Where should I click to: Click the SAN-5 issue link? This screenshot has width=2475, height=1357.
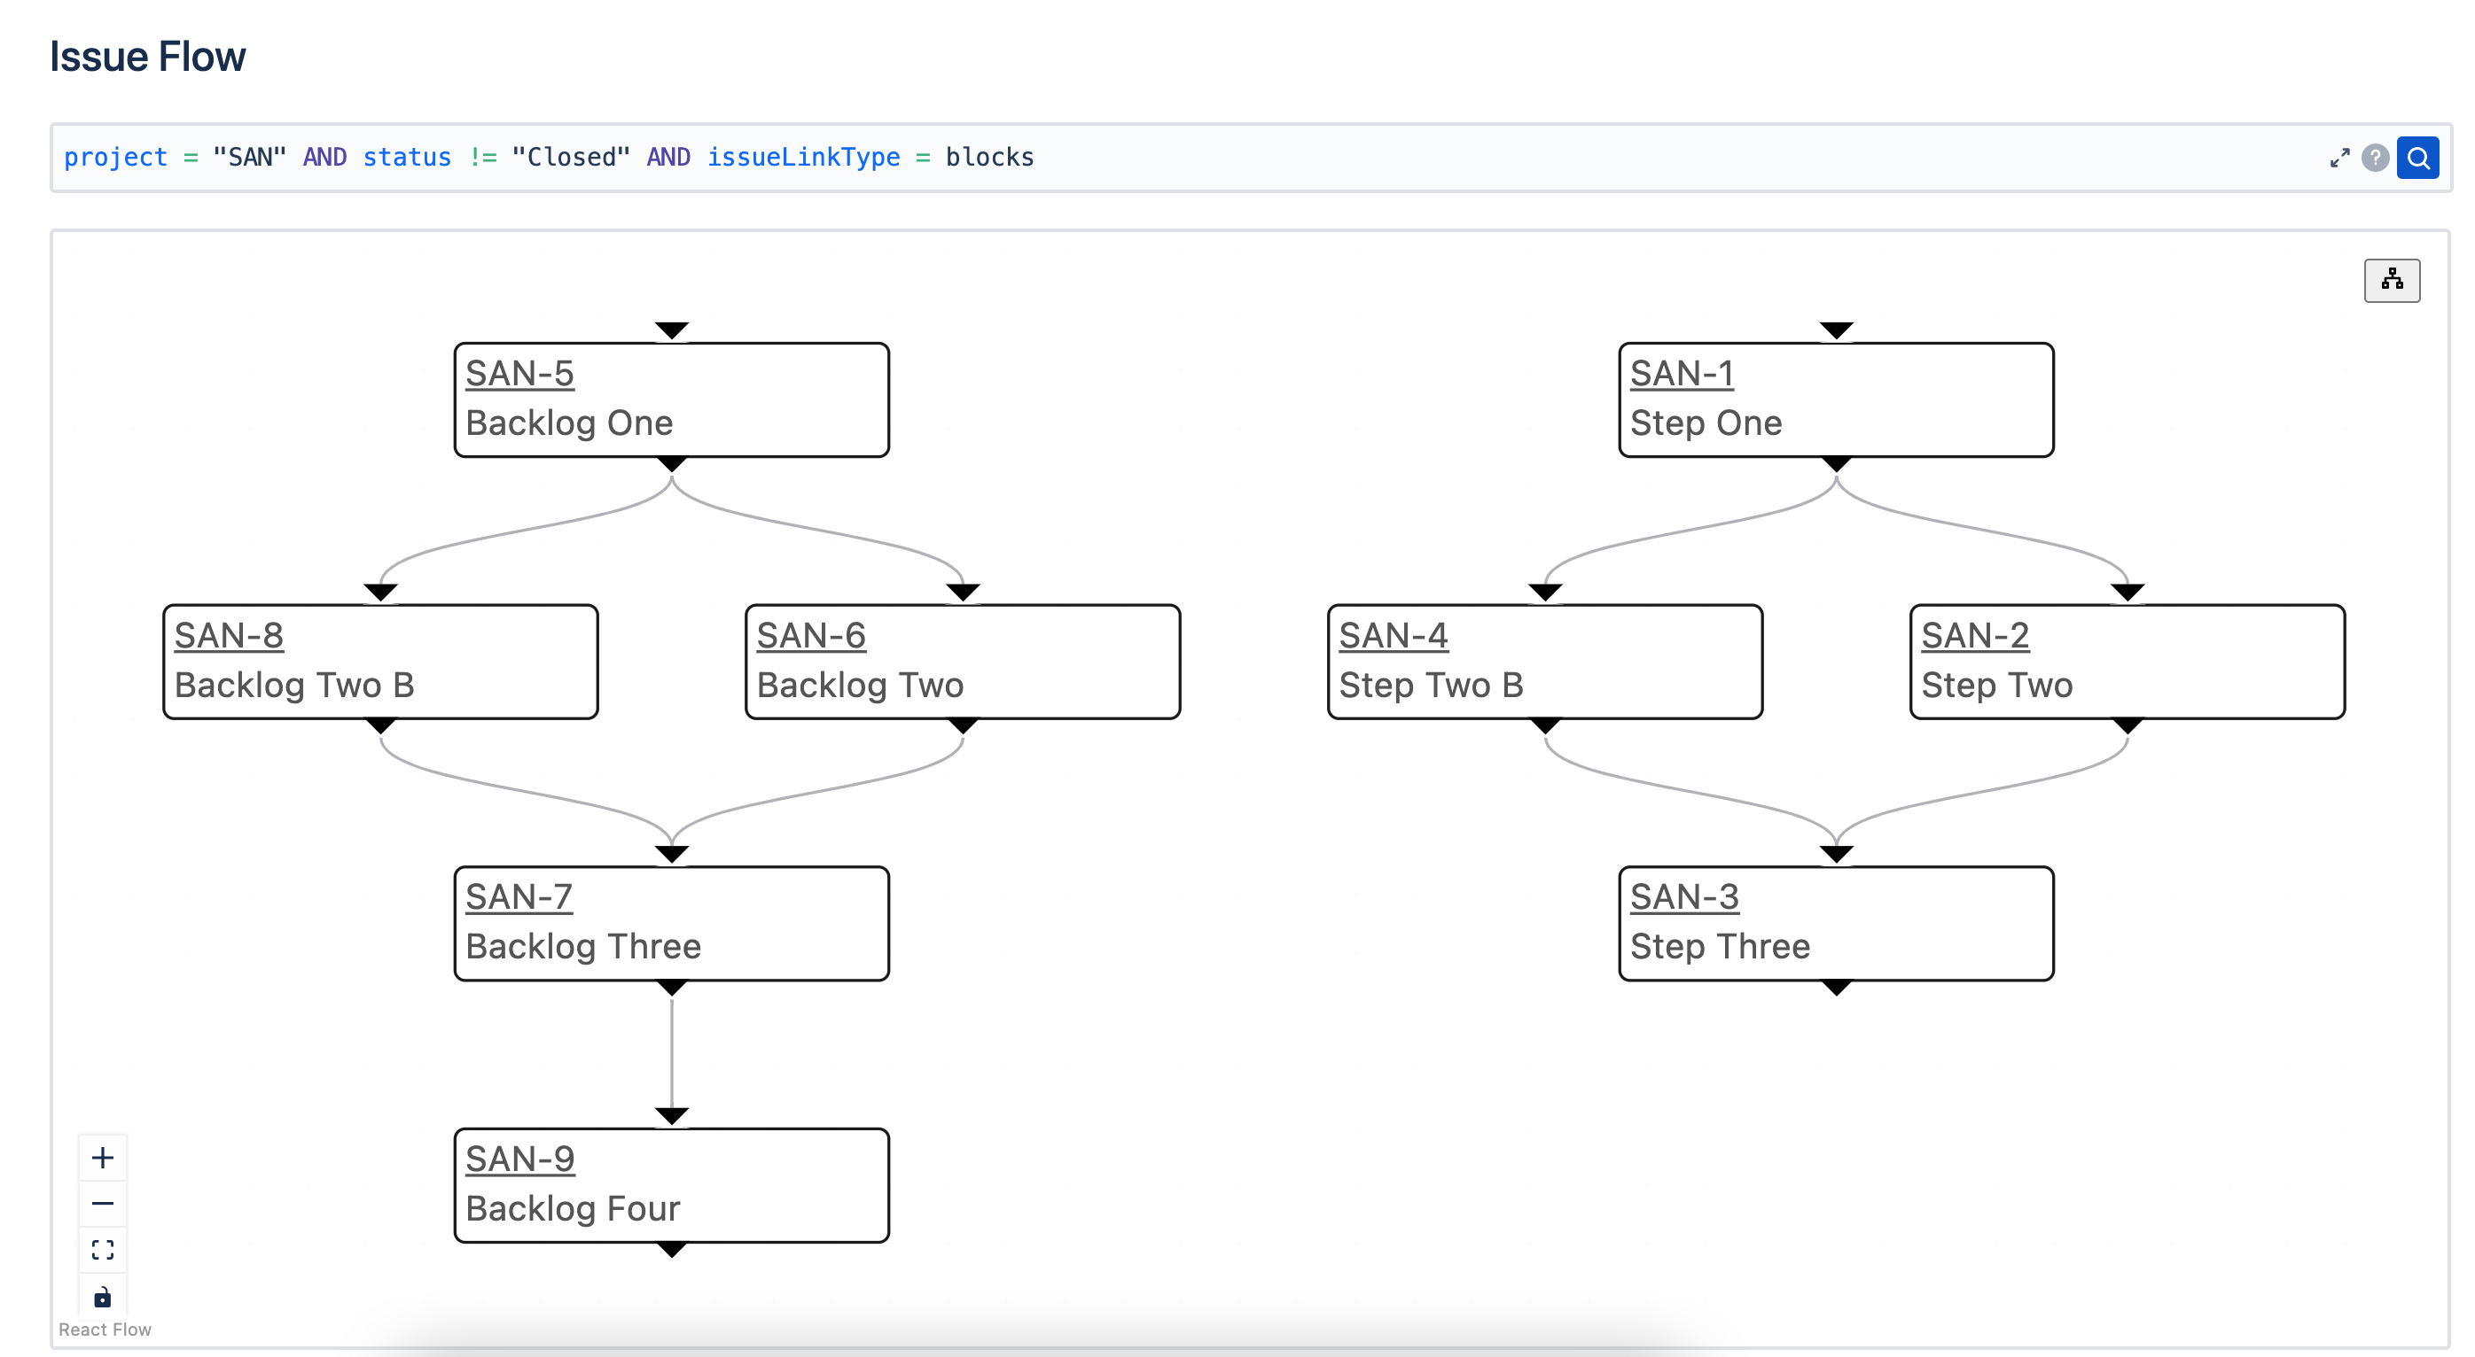click(x=519, y=374)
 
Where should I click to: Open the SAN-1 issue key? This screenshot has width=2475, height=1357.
click(x=1682, y=374)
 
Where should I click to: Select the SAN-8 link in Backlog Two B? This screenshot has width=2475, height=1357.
click(x=229, y=636)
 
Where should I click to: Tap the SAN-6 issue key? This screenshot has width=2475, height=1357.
click(x=811, y=636)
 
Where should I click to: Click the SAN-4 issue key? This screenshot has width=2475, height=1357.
click(x=1394, y=636)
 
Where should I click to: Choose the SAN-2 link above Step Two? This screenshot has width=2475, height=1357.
click(x=1974, y=636)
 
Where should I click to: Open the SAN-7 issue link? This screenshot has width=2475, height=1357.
click(x=519, y=897)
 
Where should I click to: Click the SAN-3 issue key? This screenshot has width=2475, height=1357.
click(x=1684, y=897)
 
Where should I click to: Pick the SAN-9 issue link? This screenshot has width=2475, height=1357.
click(x=519, y=1159)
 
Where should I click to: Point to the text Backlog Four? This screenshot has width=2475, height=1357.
click(x=573, y=1208)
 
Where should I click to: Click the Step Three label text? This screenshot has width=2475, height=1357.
click(x=1720, y=947)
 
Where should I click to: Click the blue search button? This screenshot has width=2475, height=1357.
click(x=2417, y=158)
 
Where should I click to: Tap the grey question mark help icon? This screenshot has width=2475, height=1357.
click(x=2375, y=158)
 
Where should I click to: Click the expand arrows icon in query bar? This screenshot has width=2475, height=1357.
click(x=2339, y=159)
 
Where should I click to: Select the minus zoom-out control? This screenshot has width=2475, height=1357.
click(x=103, y=1205)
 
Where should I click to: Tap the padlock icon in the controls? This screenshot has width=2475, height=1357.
click(x=103, y=1298)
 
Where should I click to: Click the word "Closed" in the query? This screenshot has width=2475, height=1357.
click(x=571, y=158)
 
